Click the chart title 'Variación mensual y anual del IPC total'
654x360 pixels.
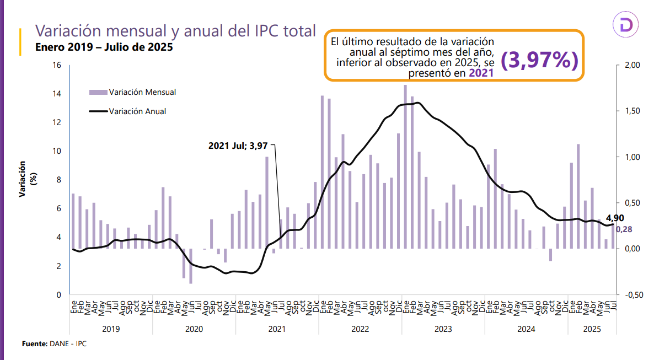click(x=175, y=31)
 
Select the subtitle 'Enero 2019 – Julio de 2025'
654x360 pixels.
click(x=104, y=47)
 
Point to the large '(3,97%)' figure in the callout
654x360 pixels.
click(x=539, y=61)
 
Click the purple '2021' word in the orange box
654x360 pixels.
click(x=481, y=73)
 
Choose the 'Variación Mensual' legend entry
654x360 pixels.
click(x=142, y=92)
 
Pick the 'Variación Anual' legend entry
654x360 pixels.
click(x=137, y=111)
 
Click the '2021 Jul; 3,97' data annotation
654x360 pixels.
click(x=238, y=146)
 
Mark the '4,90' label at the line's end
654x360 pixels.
click(x=615, y=218)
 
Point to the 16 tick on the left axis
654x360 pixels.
click(x=57, y=65)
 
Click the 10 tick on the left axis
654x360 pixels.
click(x=57, y=151)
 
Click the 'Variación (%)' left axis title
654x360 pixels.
click(x=28, y=180)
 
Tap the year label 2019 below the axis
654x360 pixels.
click(x=111, y=329)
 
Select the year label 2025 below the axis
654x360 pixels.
click(x=592, y=329)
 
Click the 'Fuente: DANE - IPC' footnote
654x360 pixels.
click(x=55, y=344)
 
